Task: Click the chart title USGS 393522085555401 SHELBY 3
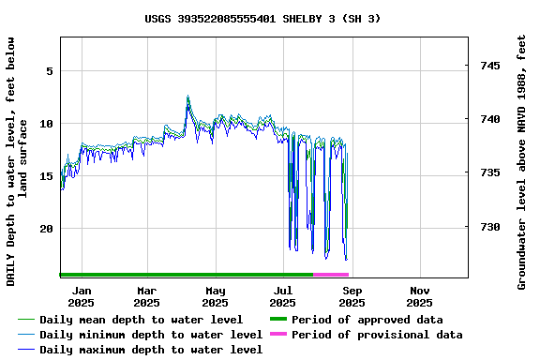tap(262, 18)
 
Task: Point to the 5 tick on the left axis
tap(50, 71)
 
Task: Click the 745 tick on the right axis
tap(489, 66)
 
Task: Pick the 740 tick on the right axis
tap(489, 119)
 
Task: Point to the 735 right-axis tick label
tap(489, 172)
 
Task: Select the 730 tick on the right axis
tap(489, 227)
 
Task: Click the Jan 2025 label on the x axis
tap(81, 296)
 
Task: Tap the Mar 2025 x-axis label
tap(146, 296)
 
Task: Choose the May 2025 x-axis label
tap(215, 296)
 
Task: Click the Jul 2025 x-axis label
tap(282, 296)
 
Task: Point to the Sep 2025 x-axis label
tap(352, 296)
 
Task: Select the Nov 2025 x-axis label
tap(419, 296)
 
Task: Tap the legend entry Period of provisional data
tap(376, 335)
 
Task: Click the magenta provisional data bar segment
tap(330, 275)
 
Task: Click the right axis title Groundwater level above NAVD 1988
tap(522, 162)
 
